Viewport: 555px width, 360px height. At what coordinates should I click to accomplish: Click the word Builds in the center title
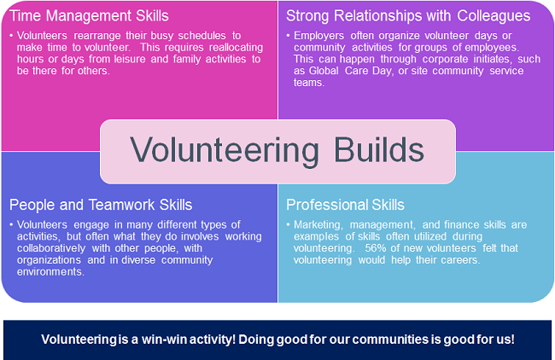[379, 150]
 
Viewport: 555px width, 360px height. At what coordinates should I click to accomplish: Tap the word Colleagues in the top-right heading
[494, 16]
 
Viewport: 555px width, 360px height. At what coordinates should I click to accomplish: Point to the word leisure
[130, 59]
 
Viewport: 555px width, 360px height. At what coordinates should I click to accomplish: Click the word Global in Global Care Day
[324, 70]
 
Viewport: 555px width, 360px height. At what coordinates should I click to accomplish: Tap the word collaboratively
[51, 248]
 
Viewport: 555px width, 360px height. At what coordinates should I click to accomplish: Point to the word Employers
[319, 36]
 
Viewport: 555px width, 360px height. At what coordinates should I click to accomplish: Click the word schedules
[202, 35]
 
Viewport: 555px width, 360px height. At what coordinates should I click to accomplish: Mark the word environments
[50, 271]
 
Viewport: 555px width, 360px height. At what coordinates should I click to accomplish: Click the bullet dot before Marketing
[288, 224]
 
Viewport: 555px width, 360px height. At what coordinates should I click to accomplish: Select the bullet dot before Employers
[288, 35]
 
